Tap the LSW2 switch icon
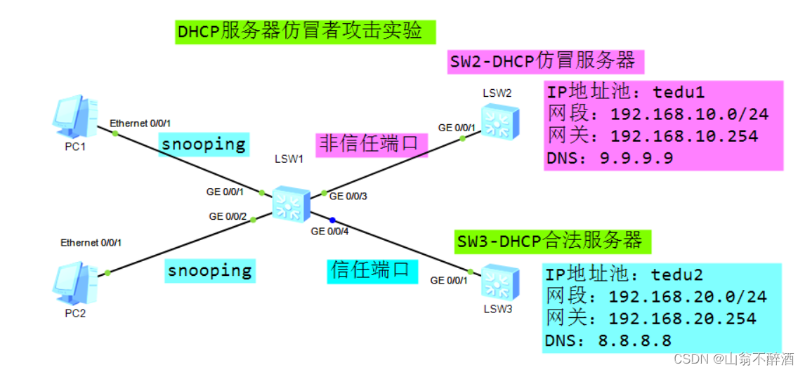[499, 120]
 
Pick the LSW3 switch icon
[499, 281]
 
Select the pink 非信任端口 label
[369, 145]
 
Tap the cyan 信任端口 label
[372, 270]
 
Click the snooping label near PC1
[203, 145]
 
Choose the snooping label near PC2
[210, 270]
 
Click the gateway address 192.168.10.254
[684, 136]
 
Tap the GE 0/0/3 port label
[348, 196]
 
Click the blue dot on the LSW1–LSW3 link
[332, 219]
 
